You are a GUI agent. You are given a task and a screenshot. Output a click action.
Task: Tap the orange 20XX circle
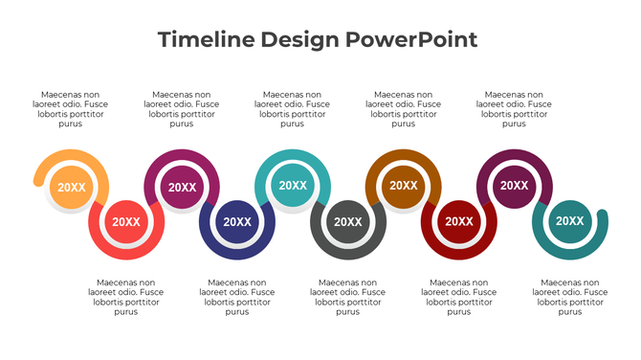pyautogui.click(x=71, y=188)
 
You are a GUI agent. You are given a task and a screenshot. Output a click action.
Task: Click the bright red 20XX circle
pyautogui.click(x=125, y=222)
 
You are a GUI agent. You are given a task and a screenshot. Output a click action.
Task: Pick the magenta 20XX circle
pyautogui.click(x=182, y=188)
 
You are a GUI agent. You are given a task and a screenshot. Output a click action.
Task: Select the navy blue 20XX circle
pyautogui.click(x=236, y=222)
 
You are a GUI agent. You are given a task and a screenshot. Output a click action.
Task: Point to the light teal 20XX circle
pyautogui.click(x=293, y=186)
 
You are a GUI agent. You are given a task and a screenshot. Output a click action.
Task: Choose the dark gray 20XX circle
pyautogui.click(x=347, y=222)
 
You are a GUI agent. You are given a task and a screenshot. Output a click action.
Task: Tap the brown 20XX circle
pyautogui.click(x=404, y=186)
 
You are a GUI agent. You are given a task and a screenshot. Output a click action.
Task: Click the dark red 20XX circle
pyautogui.click(x=458, y=222)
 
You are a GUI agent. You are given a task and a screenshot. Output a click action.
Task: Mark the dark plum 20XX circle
pyautogui.click(x=515, y=186)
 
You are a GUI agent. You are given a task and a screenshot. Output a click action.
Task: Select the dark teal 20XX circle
pyautogui.click(x=570, y=221)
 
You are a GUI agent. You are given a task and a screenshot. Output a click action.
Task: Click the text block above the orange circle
pyautogui.click(x=71, y=109)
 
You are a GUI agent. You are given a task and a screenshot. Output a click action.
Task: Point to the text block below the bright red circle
pyautogui.click(x=126, y=297)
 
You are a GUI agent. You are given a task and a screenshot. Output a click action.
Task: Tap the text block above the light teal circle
pyautogui.click(x=293, y=109)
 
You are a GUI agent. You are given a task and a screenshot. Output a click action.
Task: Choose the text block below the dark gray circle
pyautogui.click(x=348, y=297)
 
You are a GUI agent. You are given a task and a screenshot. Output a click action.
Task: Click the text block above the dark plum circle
pyautogui.click(x=515, y=109)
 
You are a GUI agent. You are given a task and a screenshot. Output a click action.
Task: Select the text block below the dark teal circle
pyautogui.click(x=570, y=297)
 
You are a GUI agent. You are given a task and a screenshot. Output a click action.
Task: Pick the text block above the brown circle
pyautogui.click(x=404, y=109)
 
